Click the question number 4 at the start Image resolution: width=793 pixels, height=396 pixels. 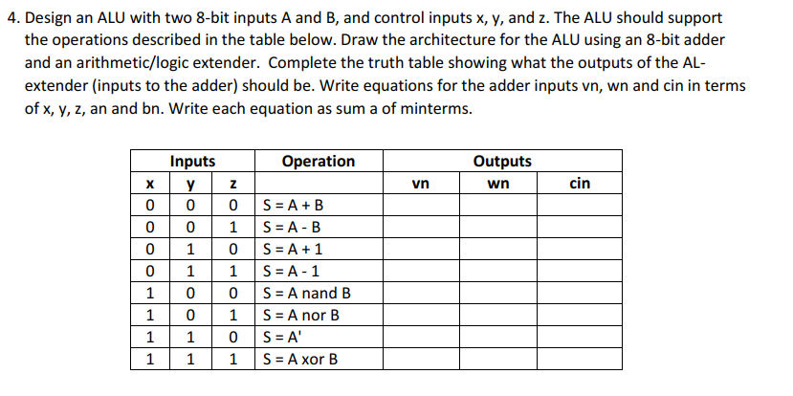point(11,18)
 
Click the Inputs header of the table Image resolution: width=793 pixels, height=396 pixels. point(192,161)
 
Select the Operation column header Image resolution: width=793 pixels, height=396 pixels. point(319,161)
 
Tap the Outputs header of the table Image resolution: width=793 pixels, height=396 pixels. point(502,161)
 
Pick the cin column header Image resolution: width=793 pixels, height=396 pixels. point(580,183)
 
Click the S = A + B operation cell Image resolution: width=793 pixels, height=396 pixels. point(293,205)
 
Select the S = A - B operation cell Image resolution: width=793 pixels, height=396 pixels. point(292,228)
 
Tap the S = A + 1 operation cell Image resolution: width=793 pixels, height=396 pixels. point(292,250)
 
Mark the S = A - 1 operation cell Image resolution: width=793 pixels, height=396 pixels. point(291,272)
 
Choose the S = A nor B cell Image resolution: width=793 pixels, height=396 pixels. point(301,316)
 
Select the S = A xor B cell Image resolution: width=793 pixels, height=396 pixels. point(301,360)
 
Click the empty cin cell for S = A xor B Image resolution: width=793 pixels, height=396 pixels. point(580,360)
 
